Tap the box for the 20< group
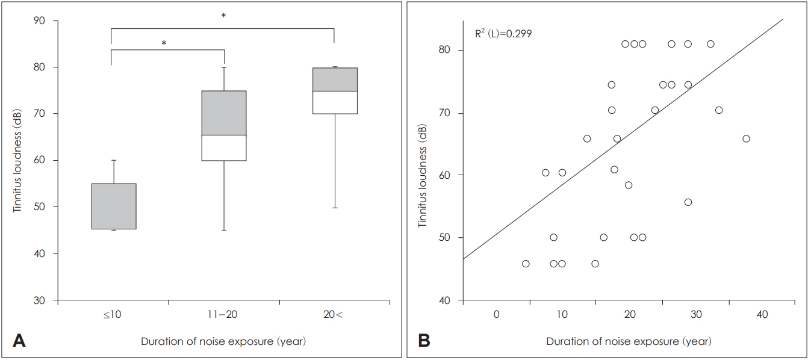tap(335, 90)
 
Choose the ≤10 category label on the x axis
tap(113, 314)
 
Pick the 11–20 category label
tap(224, 314)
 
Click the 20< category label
tap(335, 314)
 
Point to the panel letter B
tap(424, 341)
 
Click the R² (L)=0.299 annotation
tap(503, 34)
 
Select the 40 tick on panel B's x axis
tap(763, 314)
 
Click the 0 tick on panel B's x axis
tap(497, 314)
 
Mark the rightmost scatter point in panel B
tap(746, 138)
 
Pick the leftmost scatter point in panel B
tap(526, 264)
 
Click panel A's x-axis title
tap(223, 341)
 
